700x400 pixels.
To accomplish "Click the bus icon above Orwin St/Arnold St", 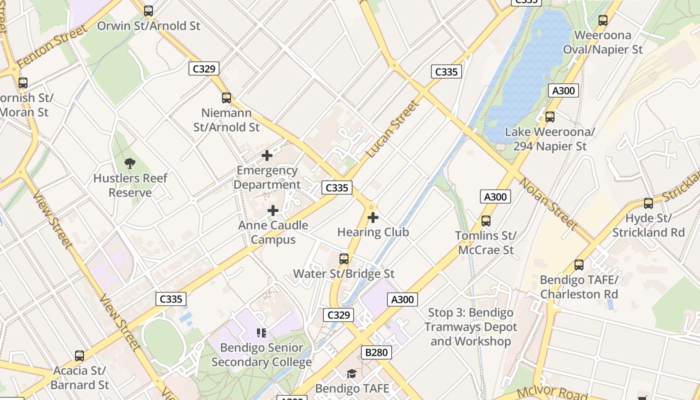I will [x=148, y=11].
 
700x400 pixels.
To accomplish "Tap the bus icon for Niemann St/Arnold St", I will [x=226, y=98].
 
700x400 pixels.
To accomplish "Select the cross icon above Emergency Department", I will [x=267, y=155].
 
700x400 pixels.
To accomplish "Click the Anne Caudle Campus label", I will [x=273, y=232].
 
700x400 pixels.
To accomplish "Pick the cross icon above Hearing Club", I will [x=373, y=217].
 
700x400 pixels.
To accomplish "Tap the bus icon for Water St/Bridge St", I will [x=344, y=259].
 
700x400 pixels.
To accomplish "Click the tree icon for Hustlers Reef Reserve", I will [x=130, y=163].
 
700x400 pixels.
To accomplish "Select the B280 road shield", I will [x=376, y=352].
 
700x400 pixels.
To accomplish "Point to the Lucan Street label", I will [x=392, y=129].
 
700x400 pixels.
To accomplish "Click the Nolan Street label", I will [x=548, y=203].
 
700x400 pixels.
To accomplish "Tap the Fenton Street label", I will [x=52, y=48].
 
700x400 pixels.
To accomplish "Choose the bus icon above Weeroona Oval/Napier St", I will [x=603, y=20].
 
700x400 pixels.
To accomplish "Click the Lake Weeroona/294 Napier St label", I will [x=549, y=139].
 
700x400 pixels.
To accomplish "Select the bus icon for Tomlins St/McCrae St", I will [x=486, y=221].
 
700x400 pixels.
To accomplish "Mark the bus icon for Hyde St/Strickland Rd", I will [x=648, y=203].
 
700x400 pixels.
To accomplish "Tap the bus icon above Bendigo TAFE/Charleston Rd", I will [x=579, y=265].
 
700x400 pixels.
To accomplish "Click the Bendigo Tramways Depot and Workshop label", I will [x=470, y=327].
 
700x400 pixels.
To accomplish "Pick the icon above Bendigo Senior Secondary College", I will [x=261, y=332].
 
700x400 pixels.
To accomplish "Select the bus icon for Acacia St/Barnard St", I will [x=79, y=356].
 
